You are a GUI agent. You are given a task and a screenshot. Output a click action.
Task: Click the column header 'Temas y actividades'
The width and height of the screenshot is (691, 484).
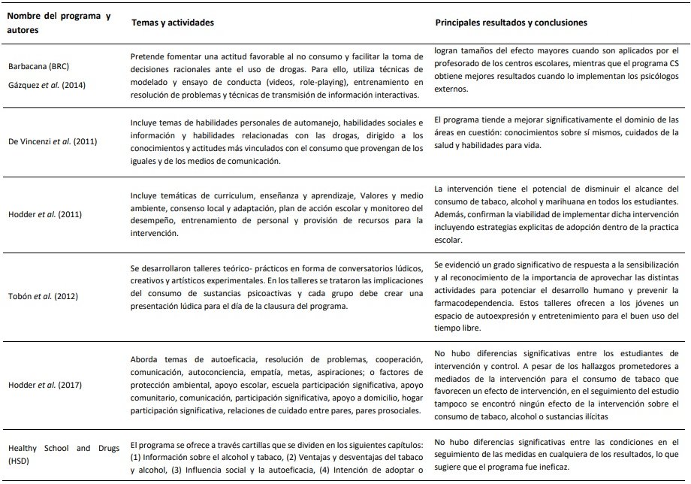(x=172, y=23)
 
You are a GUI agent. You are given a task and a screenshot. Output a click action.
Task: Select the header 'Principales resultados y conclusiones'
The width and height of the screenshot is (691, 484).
(x=511, y=23)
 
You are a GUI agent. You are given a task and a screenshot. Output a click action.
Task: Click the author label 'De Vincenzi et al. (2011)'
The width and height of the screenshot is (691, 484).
(x=53, y=141)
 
